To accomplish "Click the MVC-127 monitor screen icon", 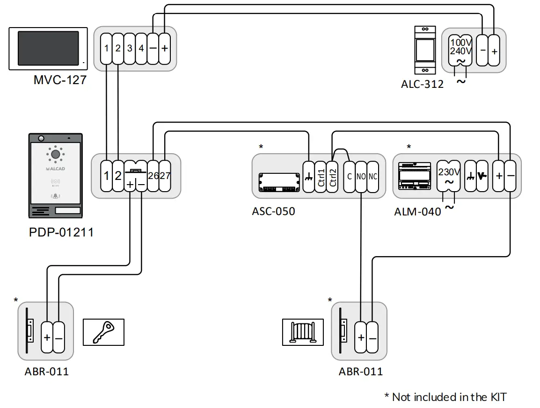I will coord(49,49).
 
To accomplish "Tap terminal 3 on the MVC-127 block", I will coord(130,48).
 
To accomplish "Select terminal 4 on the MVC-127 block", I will coord(141,48).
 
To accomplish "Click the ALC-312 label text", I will coord(422,85).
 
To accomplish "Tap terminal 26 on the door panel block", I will coord(153,176).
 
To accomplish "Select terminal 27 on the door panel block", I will coord(165,176).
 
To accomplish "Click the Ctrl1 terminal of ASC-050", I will coord(321,176).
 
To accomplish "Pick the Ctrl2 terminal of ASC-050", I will coord(333,176).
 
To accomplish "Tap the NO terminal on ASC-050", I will coord(361,177).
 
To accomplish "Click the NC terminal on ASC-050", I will coord(373,177).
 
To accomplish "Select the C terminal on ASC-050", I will coord(350,177).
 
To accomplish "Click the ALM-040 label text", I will coord(417,212).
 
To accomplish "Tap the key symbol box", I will coord(104,332).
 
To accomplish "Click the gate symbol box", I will coord(303,332).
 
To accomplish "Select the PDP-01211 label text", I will coord(61,232).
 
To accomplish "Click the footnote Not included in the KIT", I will coord(445,397).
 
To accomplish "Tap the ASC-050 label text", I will coord(274,211).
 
